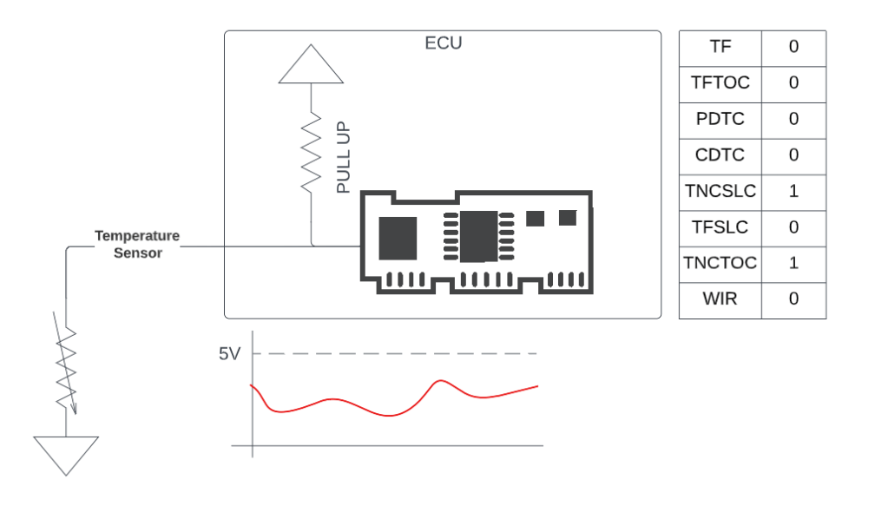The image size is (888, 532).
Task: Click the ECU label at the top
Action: point(443,43)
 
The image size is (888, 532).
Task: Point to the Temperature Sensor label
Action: point(137,244)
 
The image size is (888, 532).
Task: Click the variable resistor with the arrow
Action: point(66,369)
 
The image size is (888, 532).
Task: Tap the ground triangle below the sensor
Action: point(66,454)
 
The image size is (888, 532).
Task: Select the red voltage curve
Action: point(391,413)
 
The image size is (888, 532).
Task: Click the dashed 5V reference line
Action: point(391,353)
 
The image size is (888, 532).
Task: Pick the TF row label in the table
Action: point(720,47)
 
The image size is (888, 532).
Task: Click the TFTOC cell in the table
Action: point(720,83)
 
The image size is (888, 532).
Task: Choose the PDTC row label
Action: point(720,119)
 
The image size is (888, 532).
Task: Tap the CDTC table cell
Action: point(720,155)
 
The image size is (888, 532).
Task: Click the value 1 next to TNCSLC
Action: point(793,191)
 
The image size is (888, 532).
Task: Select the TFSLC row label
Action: point(720,227)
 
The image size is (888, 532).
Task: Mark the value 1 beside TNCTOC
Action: point(793,263)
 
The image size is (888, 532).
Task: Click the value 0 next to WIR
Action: point(793,299)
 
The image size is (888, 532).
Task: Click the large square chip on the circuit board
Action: point(398,238)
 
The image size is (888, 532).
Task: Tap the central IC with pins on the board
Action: point(477,235)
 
